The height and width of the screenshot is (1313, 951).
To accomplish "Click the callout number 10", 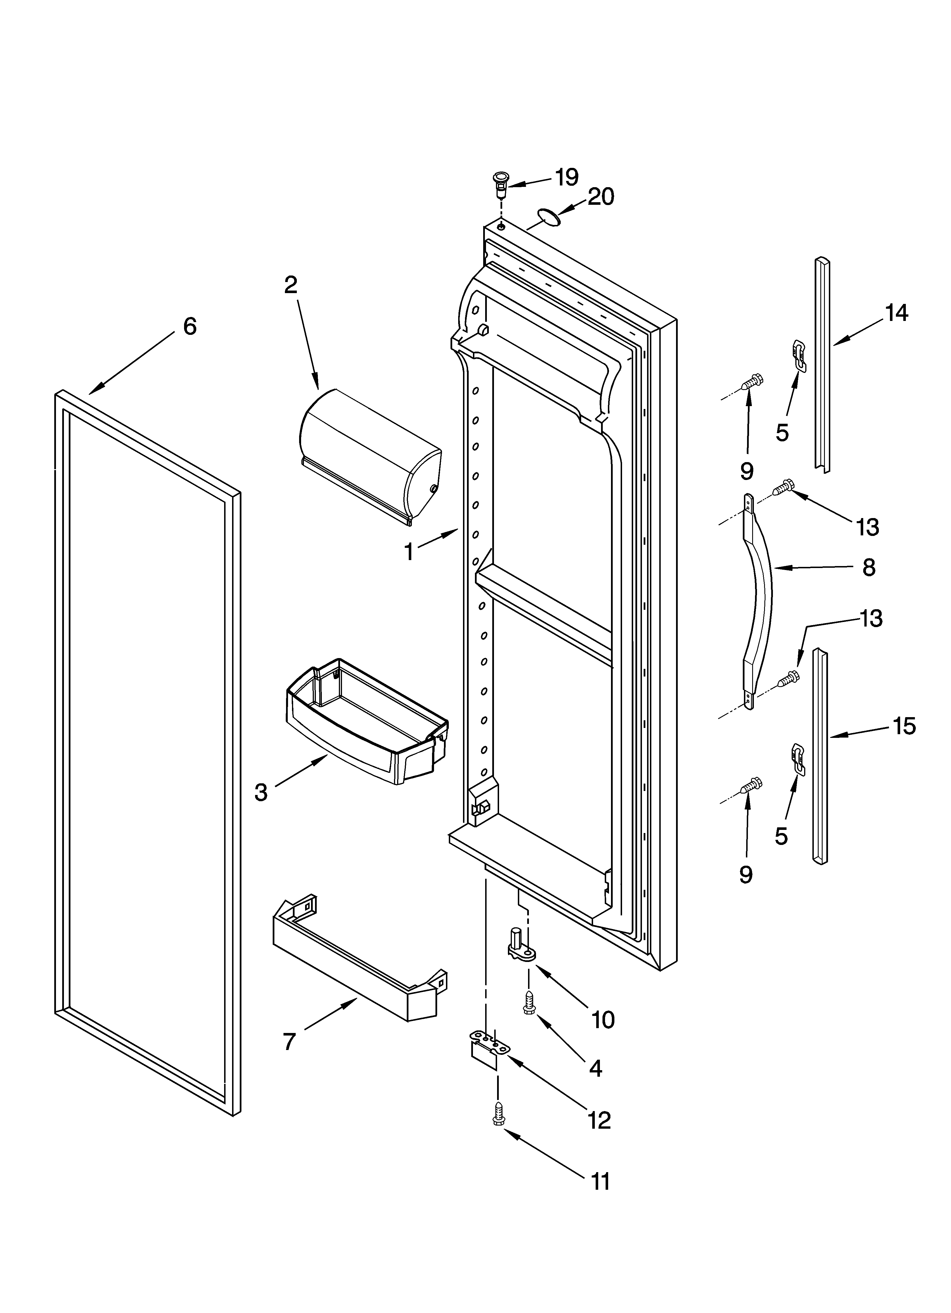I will coord(603,1020).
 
